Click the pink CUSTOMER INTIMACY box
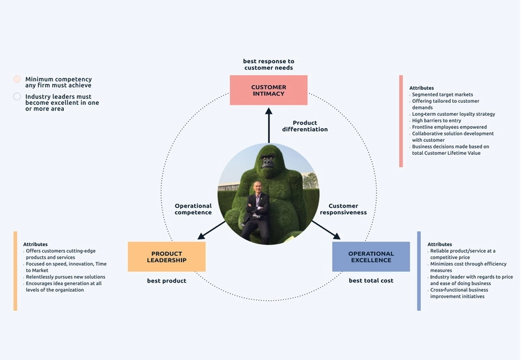click(268, 90)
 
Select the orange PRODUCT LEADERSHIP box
click(167, 256)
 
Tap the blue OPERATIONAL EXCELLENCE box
click(371, 256)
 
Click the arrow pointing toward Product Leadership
click(212, 230)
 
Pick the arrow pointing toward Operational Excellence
click(326, 230)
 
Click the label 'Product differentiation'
click(305, 126)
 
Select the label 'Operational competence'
click(193, 209)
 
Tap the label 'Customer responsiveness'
click(347, 209)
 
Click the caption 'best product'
click(167, 281)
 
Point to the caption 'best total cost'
click(371, 281)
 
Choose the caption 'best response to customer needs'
click(268, 64)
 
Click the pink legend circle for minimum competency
click(17, 79)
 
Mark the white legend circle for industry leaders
click(17, 96)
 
